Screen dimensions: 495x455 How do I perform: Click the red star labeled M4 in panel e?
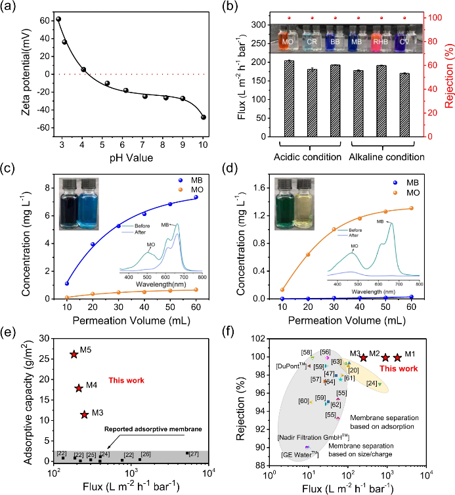(79, 388)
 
